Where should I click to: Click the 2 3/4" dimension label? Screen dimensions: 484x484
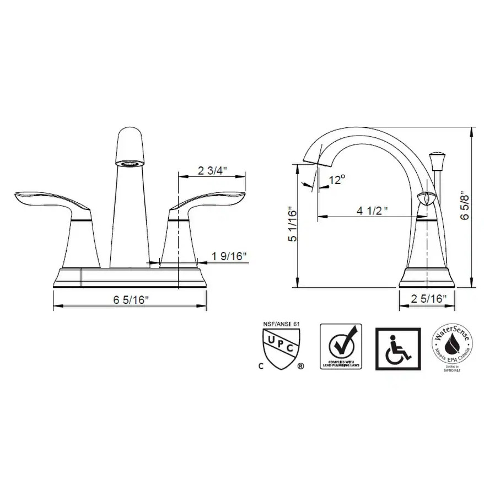pyautogui.click(x=213, y=170)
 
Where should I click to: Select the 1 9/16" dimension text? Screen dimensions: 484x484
pyautogui.click(x=229, y=256)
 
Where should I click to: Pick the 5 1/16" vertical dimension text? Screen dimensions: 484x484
pyautogui.click(x=292, y=225)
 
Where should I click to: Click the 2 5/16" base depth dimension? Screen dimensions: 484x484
pyautogui.click(x=429, y=299)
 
